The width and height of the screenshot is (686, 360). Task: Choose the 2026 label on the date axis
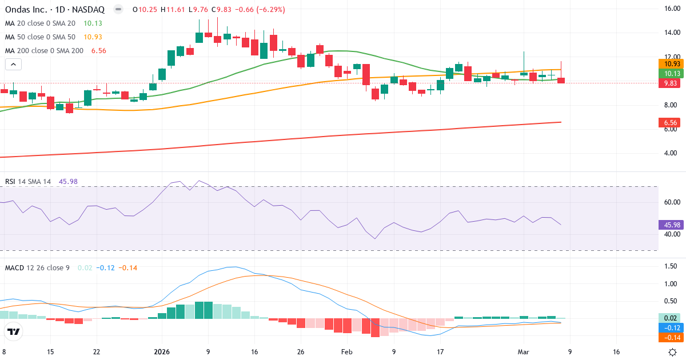[162, 352]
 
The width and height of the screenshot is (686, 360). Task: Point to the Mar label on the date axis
[523, 352]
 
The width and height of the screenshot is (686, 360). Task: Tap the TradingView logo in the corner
[14, 331]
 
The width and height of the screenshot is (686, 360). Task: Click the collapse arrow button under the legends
[12, 65]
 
